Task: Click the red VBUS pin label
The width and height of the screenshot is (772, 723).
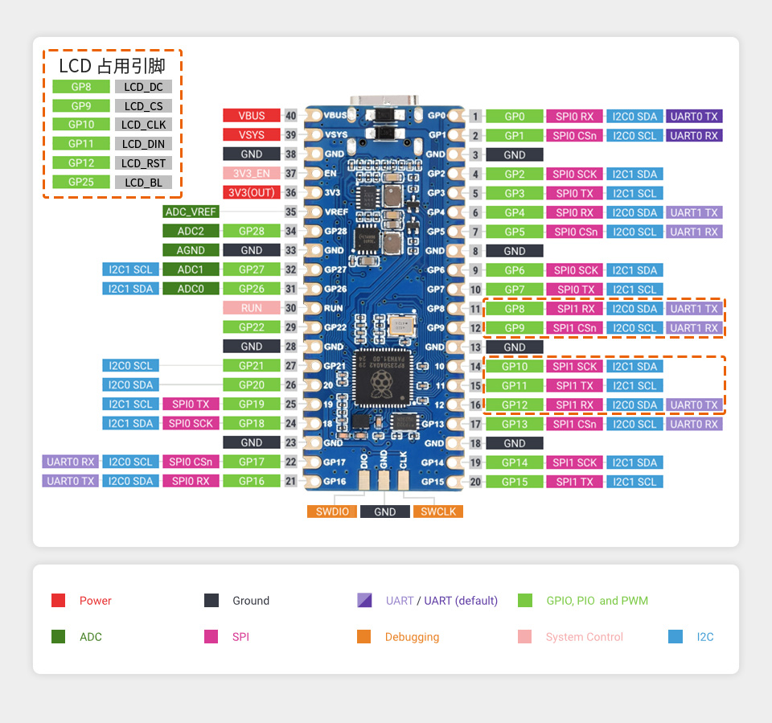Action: coord(252,116)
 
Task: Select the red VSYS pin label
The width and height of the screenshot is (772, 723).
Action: coord(252,135)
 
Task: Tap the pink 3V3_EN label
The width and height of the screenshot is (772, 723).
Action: coord(252,174)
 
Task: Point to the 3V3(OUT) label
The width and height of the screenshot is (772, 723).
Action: coord(252,193)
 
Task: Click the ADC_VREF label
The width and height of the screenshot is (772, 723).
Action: coord(191,212)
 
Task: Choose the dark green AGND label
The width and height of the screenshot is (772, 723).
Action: coord(191,251)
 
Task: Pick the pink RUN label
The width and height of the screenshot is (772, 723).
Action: coord(252,308)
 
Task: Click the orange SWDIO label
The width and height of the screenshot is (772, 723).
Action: coord(332,511)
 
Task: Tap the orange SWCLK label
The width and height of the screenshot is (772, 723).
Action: coord(438,511)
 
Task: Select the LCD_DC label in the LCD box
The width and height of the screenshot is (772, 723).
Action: coord(143,87)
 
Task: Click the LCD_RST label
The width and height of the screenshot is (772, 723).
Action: coord(143,163)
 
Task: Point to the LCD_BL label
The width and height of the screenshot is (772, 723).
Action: coord(143,183)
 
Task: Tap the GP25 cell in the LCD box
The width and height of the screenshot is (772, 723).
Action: coord(81,183)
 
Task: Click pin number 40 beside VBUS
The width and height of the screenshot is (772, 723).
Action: coord(291,116)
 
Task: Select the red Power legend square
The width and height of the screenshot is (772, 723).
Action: coord(58,601)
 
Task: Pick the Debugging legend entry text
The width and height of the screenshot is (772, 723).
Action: coord(412,637)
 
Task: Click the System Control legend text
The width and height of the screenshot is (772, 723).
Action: coord(584,637)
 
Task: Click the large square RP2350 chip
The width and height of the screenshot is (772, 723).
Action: coord(381,378)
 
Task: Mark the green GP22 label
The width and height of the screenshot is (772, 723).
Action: coord(252,327)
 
